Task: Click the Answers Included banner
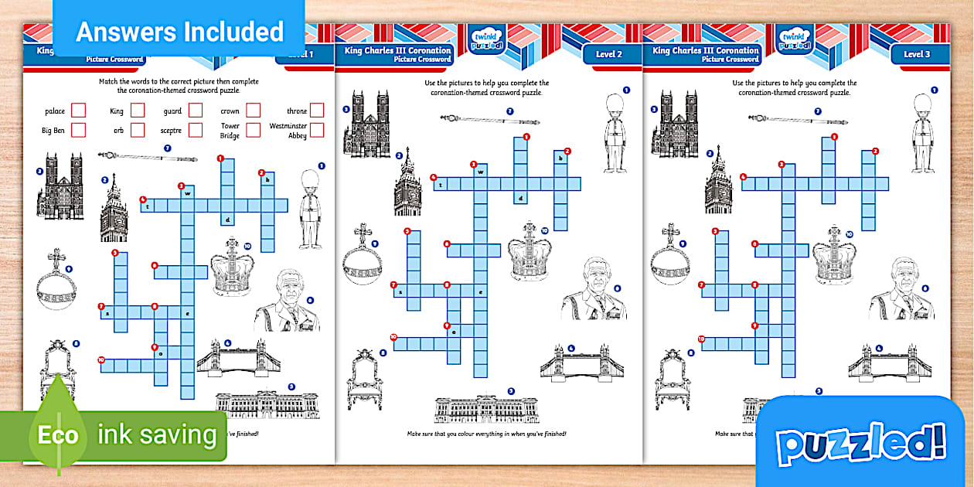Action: click(179, 32)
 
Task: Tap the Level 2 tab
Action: click(608, 54)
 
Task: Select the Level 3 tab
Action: click(917, 54)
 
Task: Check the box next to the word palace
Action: click(78, 111)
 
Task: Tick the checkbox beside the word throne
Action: click(317, 111)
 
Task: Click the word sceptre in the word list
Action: click(171, 131)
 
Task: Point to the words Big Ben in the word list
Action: click(53, 131)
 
